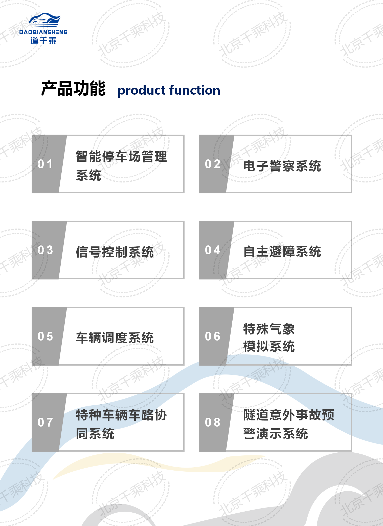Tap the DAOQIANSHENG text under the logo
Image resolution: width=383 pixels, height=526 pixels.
[x=43, y=32]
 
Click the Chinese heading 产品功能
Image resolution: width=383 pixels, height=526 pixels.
[x=73, y=89]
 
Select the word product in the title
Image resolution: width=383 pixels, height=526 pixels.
[x=141, y=90]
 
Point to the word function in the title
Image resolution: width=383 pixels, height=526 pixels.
[x=195, y=90]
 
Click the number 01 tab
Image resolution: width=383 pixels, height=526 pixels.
[x=45, y=164]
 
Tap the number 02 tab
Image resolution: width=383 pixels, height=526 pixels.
[x=213, y=164]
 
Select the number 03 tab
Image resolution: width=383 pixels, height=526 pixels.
[x=45, y=250]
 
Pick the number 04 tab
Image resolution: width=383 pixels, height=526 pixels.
[x=213, y=250]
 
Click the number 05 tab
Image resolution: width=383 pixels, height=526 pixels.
[x=45, y=336]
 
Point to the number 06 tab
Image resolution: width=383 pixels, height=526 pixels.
[x=213, y=336]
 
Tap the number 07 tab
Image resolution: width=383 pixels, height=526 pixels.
[x=45, y=422]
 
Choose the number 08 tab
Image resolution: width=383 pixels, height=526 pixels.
[x=213, y=422]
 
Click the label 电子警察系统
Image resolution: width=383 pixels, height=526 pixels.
[x=282, y=166]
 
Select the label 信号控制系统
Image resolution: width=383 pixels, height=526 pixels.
[x=115, y=252]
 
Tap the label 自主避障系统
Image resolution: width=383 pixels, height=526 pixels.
[x=282, y=251]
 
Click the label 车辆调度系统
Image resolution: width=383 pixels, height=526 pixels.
[x=115, y=338]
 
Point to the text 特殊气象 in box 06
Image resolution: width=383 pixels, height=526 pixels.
[x=269, y=329]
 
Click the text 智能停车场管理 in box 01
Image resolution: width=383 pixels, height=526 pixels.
[x=121, y=156]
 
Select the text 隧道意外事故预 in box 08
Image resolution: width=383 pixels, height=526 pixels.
[x=289, y=415]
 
